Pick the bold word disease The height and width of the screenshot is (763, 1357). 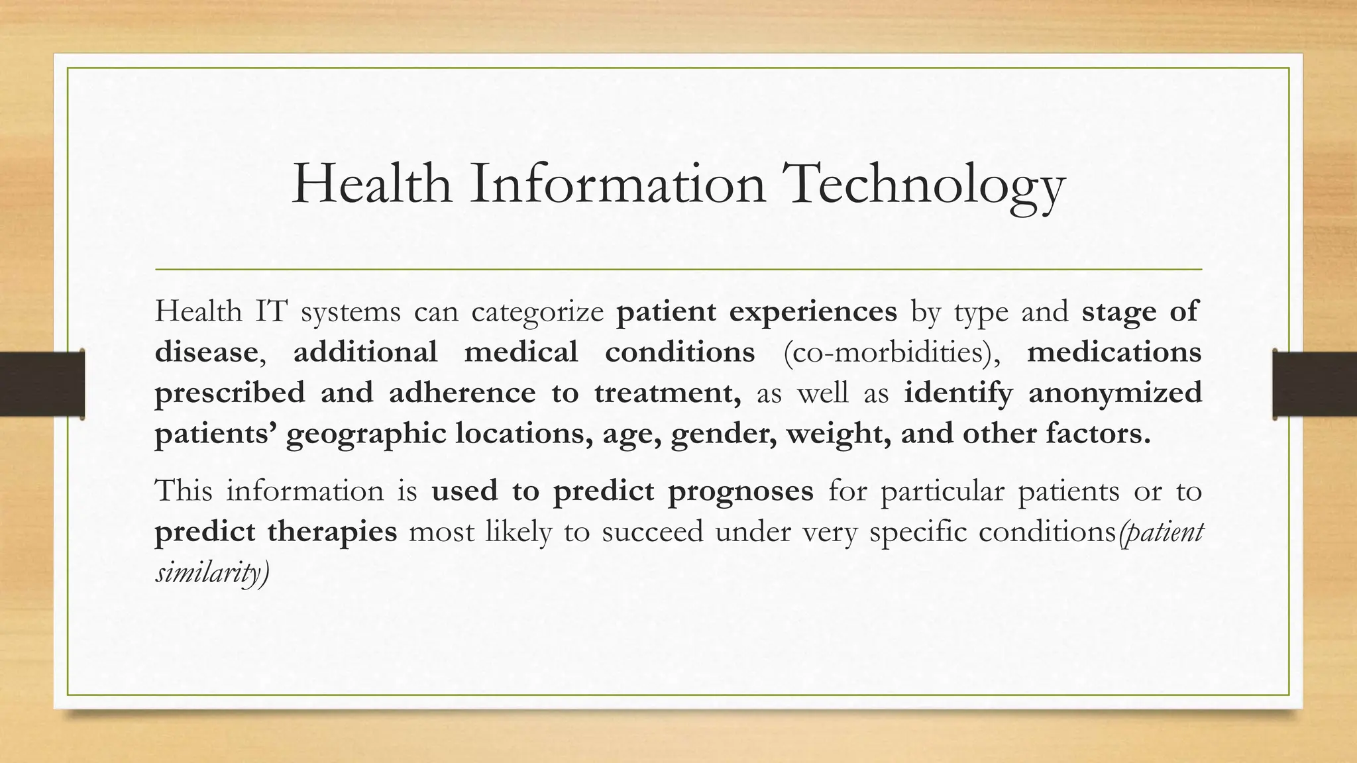205,352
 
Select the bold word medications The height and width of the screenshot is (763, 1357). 1114,352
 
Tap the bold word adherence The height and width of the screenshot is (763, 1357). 462,393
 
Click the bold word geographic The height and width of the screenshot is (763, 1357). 366,434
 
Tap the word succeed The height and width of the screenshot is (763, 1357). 652,533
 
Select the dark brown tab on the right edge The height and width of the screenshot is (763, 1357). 1315,384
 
